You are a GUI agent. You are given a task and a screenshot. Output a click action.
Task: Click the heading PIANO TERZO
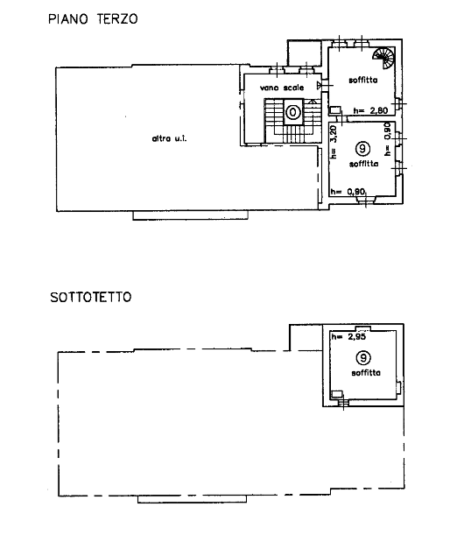[x=93, y=19]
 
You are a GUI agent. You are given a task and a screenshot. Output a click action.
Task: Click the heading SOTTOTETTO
[x=91, y=297]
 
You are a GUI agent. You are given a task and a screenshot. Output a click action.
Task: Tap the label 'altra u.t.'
[x=169, y=138]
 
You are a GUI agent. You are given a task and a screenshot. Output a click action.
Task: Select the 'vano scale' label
[x=282, y=88]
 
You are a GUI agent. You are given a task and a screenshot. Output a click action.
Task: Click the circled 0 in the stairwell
[x=292, y=112]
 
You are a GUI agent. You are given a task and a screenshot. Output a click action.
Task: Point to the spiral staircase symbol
[x=383, y=58]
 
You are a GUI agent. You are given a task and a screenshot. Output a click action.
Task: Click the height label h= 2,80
[x=370, y=110]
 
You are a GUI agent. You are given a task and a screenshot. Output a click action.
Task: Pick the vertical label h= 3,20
[x=334, y=142]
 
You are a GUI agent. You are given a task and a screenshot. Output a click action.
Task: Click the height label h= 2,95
[x=348, y=337]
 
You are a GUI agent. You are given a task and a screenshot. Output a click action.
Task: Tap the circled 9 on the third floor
[x=362, y=149]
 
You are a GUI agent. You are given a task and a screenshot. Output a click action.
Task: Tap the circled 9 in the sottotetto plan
[x=363, y=358]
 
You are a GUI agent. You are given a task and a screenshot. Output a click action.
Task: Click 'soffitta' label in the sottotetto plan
[x=366, y=373]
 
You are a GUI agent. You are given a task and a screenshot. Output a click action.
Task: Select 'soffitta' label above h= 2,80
[x=363, y=81]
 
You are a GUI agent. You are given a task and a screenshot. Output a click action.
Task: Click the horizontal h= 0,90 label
[x=348, y=192]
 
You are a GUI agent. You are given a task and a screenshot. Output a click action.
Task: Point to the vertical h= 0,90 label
[x=387, y=139]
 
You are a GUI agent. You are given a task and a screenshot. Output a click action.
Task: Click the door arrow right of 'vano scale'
[x=320, y=85]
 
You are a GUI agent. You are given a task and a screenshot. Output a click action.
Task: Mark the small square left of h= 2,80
[x=334, y=110]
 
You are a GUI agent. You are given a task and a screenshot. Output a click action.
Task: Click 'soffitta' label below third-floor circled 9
[x=363, y=164]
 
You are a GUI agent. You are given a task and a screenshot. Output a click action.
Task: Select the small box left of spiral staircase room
[x=305, y=53]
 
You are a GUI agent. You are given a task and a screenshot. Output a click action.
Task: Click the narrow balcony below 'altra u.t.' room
[x=190, y=215]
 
